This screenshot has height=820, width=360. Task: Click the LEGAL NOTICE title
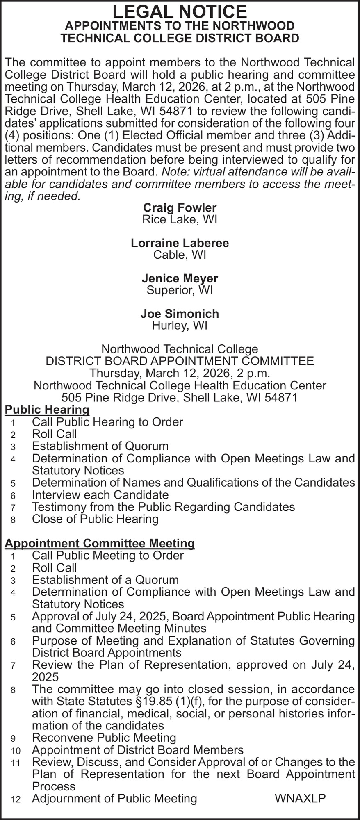(x=180, y=11)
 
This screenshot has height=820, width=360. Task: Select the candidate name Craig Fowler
(x=180, y=207)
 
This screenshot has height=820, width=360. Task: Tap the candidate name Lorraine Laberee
(x=180, y=243)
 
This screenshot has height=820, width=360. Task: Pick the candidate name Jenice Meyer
(x=180, y=278)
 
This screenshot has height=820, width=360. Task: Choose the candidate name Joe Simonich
(x=180, y=314)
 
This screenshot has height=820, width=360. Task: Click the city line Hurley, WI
(x=180, y=326)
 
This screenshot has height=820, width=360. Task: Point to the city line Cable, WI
(x=180, y=255)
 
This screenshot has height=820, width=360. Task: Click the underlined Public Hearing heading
(x=47, y=409)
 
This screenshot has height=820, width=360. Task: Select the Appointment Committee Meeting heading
(x=99, y=543)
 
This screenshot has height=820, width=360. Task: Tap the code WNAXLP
(x=300, y=798)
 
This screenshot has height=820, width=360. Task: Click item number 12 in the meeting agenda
(x=13, y=799)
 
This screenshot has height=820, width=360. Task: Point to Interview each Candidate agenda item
(x=100, y=495)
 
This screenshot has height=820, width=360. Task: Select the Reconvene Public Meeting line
(x=104, y=738)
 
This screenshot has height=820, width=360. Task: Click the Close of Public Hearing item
(x=95, y=519)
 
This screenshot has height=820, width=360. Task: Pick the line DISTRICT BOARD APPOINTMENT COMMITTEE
(x=180, y=361)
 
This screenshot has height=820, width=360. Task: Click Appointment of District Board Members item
(x=137, y=750)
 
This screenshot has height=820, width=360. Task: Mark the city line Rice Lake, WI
(x=180, y=219)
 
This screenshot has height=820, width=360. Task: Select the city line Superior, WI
(x=180, y=290)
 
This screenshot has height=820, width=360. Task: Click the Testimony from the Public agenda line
(x=163, y=507)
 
